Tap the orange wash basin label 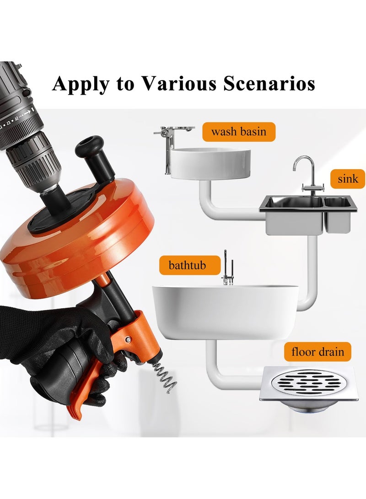[x=239, y=132]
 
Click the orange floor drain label [x=318, y=352]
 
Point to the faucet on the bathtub [x=227, y=270]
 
